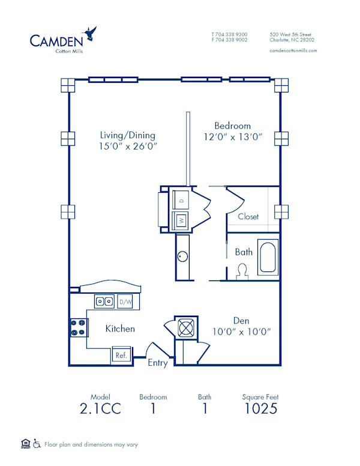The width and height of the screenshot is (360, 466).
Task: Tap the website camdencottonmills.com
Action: (293, 51)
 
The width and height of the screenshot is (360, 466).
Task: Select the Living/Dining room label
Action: (127, 135)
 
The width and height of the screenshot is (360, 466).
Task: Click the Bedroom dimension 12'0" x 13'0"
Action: (233, 137)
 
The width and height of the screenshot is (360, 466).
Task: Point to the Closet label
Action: (248, 216)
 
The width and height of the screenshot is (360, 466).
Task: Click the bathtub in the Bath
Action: (268, 256)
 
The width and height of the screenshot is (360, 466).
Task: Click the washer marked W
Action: (181, 220)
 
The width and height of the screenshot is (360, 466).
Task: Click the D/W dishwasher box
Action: (126, 301)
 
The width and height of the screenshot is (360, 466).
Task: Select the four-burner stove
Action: (78, 327)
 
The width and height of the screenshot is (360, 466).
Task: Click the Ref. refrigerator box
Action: (121, 355)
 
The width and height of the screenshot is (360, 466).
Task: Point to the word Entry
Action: (158, 363)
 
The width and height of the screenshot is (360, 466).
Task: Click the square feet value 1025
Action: (260, 410)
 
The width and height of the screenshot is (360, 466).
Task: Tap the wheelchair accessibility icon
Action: (37, 444)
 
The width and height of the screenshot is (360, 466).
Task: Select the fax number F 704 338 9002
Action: (229, 40)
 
